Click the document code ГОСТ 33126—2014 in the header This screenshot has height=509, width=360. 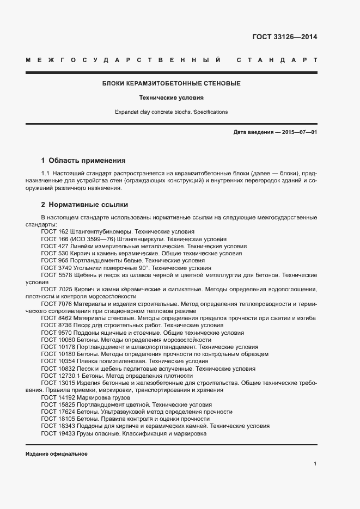tap(284, 38)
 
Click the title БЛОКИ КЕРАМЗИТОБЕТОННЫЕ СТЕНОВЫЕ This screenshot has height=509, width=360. tap(172, 84)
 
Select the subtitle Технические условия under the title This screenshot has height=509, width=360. tap(172, 98)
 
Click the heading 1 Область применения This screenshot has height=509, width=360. tap(83, 161)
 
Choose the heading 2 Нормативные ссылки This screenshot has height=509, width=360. tap(84, 205)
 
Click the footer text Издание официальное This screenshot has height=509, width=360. tap(57, 453)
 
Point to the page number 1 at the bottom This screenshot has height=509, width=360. tap(315, 464)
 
